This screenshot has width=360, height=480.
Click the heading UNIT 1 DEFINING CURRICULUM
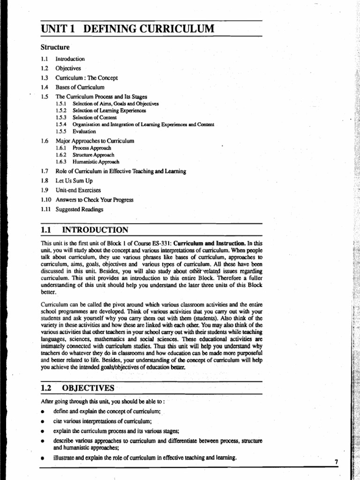[x=127, y=29]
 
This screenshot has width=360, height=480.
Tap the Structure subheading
[x=55, y=47]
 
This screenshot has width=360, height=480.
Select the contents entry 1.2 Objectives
[x=68, y=68]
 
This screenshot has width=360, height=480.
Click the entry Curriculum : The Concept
[x=87, y=78]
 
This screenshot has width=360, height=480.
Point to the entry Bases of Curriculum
[x=80, y=87]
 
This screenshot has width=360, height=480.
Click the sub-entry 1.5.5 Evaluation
[x=84, y=132]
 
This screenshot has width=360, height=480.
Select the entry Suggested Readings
[x=79, y=210]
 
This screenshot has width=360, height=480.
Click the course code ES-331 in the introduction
[x=160, y=244]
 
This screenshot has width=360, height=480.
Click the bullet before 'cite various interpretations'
[x=43, y=421]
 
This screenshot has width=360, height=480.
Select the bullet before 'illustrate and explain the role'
[x=43, y=458]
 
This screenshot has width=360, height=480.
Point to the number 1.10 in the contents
[x=45, y=200]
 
